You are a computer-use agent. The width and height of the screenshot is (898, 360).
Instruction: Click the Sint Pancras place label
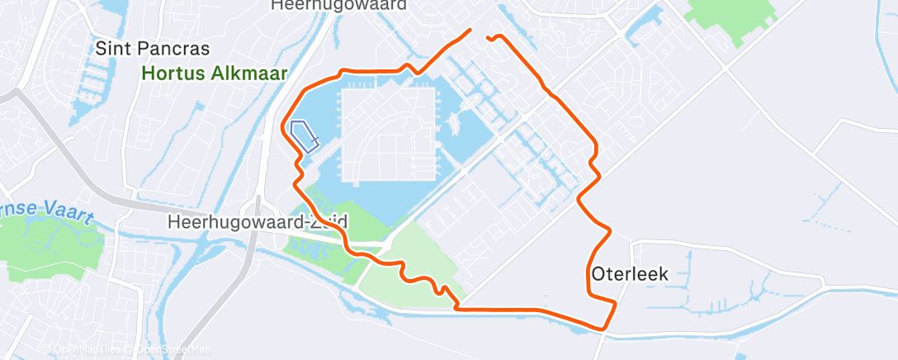pyautogui.click(x=152, y=48)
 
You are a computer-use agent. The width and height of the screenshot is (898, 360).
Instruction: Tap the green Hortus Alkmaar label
pyautogui.click(x=214, y=73)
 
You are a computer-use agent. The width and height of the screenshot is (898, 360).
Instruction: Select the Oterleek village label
pyautogui.click(x=629, y=273)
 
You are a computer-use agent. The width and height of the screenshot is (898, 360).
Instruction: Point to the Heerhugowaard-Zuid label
pyautogui.click(x=257, y=222)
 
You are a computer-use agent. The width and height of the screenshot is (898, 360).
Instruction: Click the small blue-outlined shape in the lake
pyautogui.click(x=304, y=135)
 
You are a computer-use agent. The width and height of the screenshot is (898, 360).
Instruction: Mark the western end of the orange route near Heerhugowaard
pyautogui.click(x=470, y=31)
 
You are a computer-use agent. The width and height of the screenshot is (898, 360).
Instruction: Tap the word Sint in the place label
pyautogui.click(x=111, y=48)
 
